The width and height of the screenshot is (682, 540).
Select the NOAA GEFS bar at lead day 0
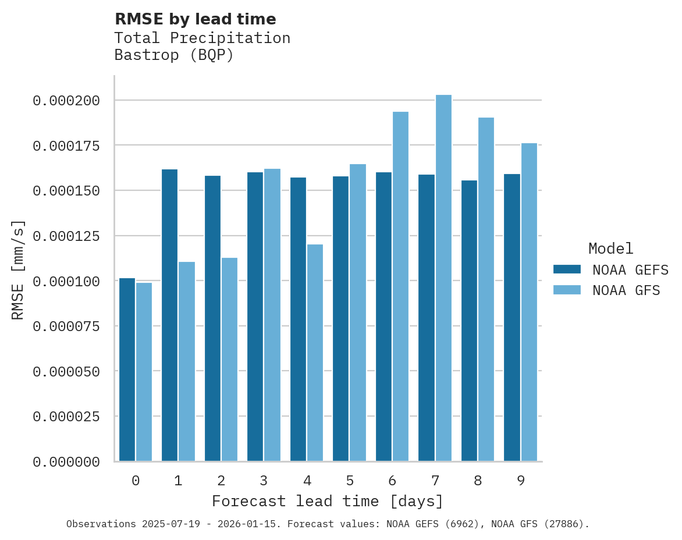point(127,370)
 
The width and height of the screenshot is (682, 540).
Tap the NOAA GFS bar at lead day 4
point(315,353)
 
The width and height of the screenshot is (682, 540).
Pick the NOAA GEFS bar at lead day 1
point(169,315)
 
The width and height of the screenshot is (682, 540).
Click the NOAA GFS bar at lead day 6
point(400,286)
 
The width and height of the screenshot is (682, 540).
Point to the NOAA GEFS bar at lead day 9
point(512,317)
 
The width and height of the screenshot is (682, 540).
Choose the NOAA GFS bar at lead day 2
point(229,359)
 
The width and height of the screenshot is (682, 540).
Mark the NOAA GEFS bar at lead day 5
point(340,318)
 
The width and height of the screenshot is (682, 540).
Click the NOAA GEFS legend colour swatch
point(567,269)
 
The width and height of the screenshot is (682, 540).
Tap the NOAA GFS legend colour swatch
point(567,290)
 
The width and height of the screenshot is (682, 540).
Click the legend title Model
point(610,248)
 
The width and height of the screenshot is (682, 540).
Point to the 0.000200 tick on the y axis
point(66,101)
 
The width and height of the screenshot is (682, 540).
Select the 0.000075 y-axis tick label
point(66,326)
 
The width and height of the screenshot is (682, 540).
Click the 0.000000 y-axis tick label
point(66,462)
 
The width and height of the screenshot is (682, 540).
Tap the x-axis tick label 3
point(264,481)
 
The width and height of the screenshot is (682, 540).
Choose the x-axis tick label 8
point(478,481)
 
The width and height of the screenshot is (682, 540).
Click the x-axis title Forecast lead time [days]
point(328,501)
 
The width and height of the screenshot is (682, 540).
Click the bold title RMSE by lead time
point(195,19)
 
